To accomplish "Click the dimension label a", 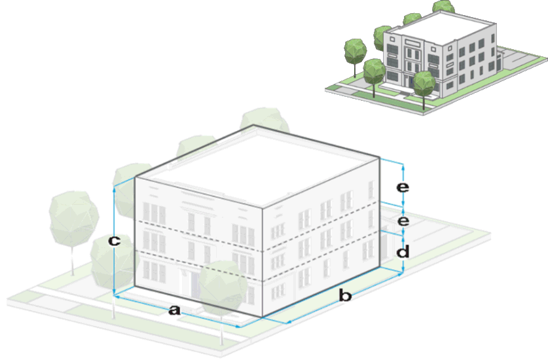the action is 174,310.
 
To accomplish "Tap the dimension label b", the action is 345,296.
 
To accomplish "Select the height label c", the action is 114,241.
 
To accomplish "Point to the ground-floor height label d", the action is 403,251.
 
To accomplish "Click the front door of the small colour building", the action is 410,71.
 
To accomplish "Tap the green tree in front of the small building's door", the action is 424,81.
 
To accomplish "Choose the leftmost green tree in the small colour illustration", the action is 356,49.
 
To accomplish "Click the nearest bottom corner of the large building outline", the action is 263,317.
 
